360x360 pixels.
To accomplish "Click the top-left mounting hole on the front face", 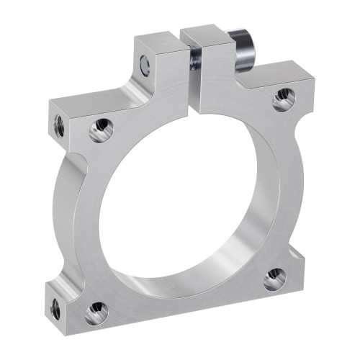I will point(101,130).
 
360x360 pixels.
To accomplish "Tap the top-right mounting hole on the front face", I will point(284,99).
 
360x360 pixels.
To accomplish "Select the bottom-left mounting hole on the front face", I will point(96,313).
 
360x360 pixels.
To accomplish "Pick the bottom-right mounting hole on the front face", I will point(274,279).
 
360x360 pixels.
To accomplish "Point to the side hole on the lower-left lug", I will point(55,309).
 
